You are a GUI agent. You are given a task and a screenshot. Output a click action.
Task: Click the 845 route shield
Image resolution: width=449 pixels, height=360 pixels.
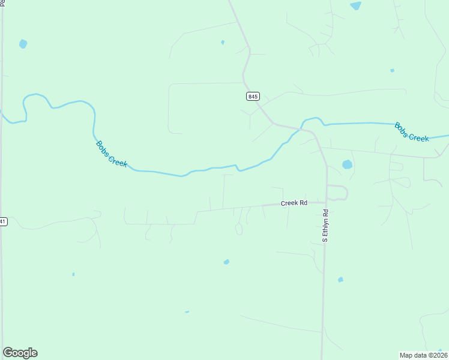click(x=253, y=96)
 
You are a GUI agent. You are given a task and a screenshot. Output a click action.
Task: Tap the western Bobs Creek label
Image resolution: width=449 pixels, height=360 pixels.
click(x=112, y=154)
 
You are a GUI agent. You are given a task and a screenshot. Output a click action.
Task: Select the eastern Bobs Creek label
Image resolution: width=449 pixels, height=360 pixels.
click(x=412, y=132)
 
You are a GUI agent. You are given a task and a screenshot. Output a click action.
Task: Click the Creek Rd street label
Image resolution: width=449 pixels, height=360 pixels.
click(x=294, y=203)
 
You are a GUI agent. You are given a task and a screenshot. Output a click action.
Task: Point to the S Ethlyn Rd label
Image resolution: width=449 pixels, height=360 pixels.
click(x=325, y=226)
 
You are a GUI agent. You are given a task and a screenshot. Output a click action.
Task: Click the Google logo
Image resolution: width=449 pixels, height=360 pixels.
click(x=20, y=353)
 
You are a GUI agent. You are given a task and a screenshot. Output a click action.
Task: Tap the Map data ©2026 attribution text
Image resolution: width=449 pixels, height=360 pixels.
click(x=423, y=355)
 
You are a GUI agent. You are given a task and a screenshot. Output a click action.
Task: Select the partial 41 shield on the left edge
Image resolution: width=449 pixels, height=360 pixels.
click(x=2, y=221)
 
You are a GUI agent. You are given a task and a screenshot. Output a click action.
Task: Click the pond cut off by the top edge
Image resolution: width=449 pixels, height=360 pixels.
click(x=356, y=5)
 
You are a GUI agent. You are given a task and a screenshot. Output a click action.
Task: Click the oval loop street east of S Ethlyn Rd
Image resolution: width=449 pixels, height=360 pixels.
click(x=337, y=193)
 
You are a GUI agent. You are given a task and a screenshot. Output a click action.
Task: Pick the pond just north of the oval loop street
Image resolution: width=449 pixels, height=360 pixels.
click(x=347, y=164)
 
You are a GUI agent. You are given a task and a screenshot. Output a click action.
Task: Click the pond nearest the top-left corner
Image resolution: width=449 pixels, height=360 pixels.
click(x=23, y=44)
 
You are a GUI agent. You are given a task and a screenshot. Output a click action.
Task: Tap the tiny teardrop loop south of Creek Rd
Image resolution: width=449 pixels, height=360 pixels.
click(x=239, y=229)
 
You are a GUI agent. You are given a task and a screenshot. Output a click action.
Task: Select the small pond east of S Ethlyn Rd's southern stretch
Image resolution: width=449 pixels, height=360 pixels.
click(x=340, y=280)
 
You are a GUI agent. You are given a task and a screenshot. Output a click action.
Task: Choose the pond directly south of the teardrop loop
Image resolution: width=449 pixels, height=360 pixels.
click(x=226, y=262)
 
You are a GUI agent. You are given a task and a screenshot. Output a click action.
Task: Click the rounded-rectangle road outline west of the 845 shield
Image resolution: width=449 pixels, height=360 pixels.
click(x=170, y=108)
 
